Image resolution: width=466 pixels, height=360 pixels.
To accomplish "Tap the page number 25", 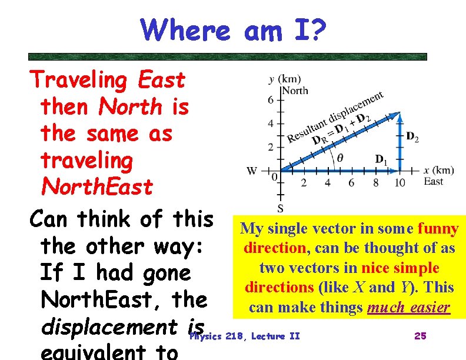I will pos(420,336).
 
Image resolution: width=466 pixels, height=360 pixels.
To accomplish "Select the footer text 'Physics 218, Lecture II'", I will pos(245,336).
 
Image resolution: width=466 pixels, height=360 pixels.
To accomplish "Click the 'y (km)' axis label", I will pos(284,79).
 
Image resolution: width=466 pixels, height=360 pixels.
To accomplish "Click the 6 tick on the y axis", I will pos(271,100).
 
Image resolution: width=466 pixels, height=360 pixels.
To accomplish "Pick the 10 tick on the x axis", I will pos(400,183).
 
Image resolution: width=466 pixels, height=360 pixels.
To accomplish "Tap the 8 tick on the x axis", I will pos(376,183).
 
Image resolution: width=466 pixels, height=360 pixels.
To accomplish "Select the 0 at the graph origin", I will pos(274,176).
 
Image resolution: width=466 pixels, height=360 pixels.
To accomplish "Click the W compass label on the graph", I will pos(252,171).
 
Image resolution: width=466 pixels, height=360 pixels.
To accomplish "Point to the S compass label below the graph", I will pos(281,208).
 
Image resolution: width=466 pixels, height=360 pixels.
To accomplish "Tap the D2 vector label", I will pos(412,136).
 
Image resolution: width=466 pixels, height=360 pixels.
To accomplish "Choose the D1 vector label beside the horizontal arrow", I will pos(382,159).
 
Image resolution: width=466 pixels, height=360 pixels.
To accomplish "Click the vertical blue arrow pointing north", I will pos(400,141).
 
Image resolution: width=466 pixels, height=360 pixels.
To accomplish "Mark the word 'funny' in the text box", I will pos(438,228).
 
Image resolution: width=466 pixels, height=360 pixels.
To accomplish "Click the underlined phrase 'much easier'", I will pos(408,307).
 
